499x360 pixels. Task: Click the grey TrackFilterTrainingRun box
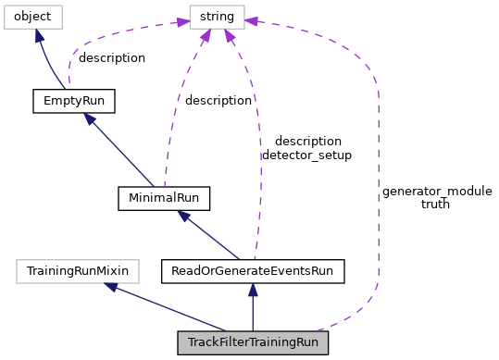tap(253, 342)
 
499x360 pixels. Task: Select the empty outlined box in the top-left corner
tap(33, 17)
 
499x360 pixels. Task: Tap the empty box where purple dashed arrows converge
tap(217, 17)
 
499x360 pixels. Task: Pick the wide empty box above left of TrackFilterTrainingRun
tap(78, 271)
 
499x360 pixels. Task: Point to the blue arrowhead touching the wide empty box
tap(110, 287)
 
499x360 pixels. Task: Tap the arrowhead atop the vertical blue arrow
tap(253, 290)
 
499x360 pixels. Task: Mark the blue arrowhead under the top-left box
tap(39, 37)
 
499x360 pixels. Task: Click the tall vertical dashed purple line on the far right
tap(378, 185)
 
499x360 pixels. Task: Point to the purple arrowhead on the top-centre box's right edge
tap(251, 20)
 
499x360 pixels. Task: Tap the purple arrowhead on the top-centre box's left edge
tap(183, 22)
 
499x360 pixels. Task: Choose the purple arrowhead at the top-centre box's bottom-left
tap(206, 36)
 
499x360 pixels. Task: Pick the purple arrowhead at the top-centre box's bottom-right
tap(229, 36)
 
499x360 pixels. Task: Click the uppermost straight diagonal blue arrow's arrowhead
tap(89, 118)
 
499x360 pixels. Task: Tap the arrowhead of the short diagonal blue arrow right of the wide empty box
tap(183, 216)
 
